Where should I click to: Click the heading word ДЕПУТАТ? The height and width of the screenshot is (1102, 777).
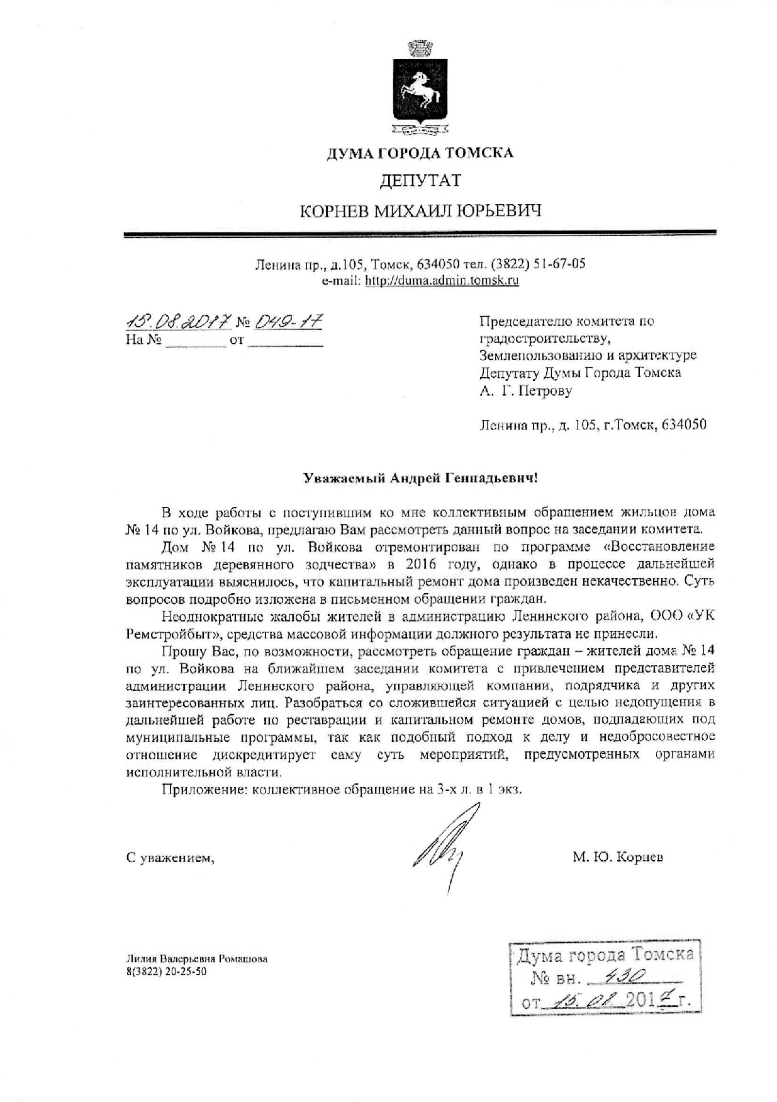tap(420, 181)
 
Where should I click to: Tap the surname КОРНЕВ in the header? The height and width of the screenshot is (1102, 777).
tap(335, 211)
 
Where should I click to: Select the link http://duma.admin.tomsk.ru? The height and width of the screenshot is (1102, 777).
tap(442, 281)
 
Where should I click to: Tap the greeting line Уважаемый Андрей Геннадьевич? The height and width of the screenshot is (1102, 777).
tap(420, 478)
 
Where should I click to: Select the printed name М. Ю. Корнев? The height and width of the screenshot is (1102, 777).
tap(617, 857)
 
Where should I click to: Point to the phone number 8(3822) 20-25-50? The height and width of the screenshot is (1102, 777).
tap(166, 971)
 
